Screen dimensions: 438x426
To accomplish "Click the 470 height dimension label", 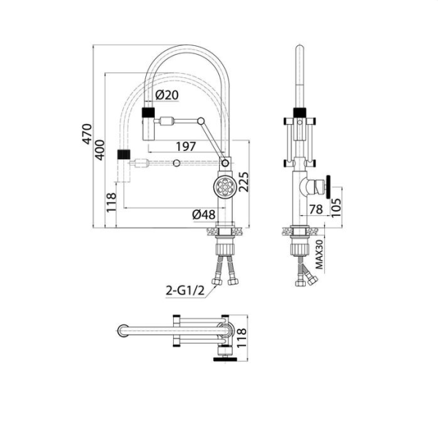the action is pos(87,134).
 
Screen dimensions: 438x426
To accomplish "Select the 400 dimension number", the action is pos(99,150).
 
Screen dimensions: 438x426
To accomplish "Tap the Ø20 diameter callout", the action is pos(166,96).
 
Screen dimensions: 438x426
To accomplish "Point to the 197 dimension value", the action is pos(186,147).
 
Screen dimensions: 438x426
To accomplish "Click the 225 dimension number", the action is pos(244,182).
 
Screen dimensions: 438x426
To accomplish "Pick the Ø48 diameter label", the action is pos(204,214).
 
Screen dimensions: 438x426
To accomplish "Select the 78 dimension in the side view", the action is pos(317,209).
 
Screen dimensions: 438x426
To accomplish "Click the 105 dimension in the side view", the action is pos(336,207).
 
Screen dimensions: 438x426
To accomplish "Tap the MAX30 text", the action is pos(320,255).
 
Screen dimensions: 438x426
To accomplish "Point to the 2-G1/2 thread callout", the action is pos(185,291).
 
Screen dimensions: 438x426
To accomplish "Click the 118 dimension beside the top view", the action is pos(242,338).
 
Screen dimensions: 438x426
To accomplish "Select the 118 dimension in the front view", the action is pos(111,202).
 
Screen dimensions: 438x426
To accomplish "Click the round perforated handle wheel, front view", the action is pos(226,187).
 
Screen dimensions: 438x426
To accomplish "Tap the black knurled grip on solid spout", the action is pos(148,112).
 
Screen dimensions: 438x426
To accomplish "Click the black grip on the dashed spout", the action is pos(124,155).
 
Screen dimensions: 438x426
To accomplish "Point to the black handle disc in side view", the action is pos(328,187).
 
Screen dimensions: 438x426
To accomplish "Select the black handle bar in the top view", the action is pos(226,359).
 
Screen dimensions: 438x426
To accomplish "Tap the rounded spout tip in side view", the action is pos(300,49).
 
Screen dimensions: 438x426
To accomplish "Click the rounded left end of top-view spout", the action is pos(122,331).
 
